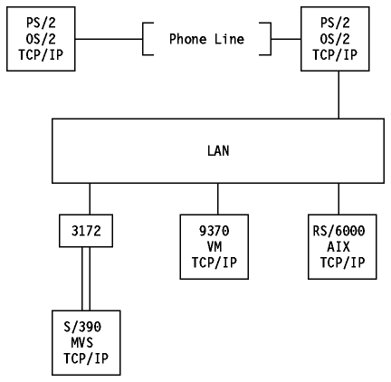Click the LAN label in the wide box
click(x=218, y=150)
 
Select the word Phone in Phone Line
click(x=188, y=39)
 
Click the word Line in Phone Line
click(x=229, y=39)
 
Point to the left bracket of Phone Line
click(x=143, y=39)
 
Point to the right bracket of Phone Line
click(x=271, y=39)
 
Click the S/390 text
click(x=82, y=327)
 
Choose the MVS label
click(x=82, y=343)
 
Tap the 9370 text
click(x=215, y=231)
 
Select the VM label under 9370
click(x=215, y=247)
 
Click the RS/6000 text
click(x=339, y=231)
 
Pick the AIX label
click(x=339, y=247)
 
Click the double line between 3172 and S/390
click(x=86, y=279)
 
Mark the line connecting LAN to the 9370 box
click(x=218, y=199)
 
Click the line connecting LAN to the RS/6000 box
click(x=339, y=199)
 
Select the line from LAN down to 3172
click(x=90, y=199)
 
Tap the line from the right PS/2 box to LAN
click(x=339, y=95)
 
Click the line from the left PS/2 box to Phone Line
click(x=109, y=39)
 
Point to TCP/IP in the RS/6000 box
click(x=342, y=263)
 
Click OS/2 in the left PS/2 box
click(x=41, y=39)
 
